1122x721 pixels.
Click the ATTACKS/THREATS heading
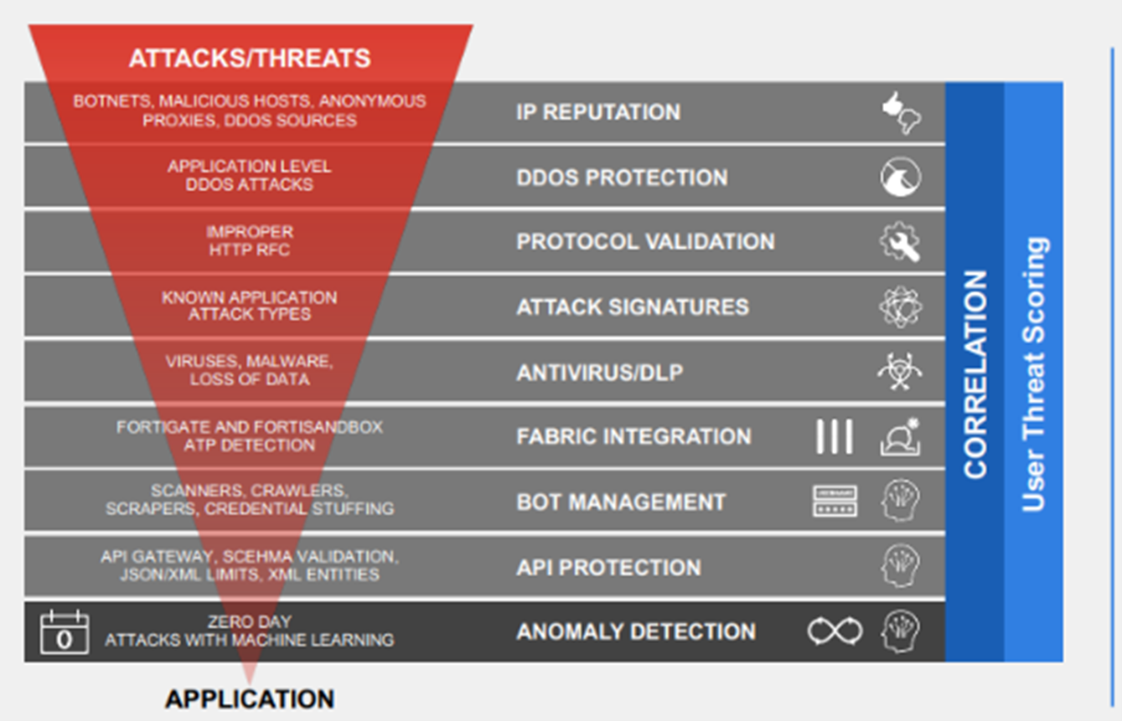(250, 58)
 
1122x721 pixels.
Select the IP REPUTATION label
(598, 111)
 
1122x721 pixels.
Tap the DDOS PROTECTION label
(622, 178)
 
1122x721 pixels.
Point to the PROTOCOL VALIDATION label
(646, 241)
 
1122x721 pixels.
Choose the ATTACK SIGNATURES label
(633, 307)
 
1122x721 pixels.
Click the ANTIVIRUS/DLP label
(600, 373)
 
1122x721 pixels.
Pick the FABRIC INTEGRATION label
(633, 436)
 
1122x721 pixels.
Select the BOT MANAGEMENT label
(621, 502)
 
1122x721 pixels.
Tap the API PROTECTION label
(608, 567)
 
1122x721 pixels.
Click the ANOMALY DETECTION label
(636, 631)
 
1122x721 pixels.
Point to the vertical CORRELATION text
(975, 374)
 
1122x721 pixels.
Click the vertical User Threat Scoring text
(1034, 374)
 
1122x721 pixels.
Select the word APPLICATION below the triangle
(250, 699)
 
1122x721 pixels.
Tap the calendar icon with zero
(65, 632)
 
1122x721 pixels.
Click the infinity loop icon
(835, 631)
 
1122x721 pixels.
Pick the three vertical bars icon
(835, 436)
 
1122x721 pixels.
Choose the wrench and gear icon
(900, 242)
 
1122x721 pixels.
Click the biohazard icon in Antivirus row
(900, 372)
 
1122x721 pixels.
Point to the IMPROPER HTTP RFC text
(250, 241)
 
